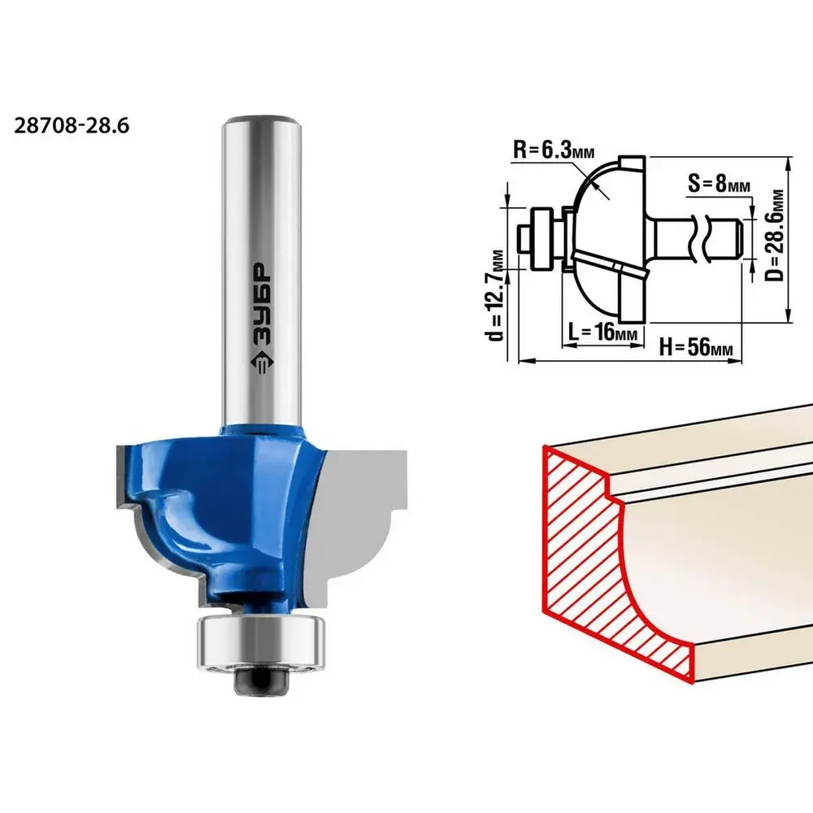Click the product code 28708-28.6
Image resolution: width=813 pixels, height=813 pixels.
pos(72,126)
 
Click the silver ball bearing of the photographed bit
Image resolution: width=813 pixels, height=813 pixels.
pos(261,642)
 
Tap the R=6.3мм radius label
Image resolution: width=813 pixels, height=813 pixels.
pos(553,150)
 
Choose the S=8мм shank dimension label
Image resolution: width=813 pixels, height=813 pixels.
pos(719,183)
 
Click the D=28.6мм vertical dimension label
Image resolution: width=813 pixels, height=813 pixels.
pos(774,235)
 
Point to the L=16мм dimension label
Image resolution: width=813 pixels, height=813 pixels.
pos(602,332)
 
